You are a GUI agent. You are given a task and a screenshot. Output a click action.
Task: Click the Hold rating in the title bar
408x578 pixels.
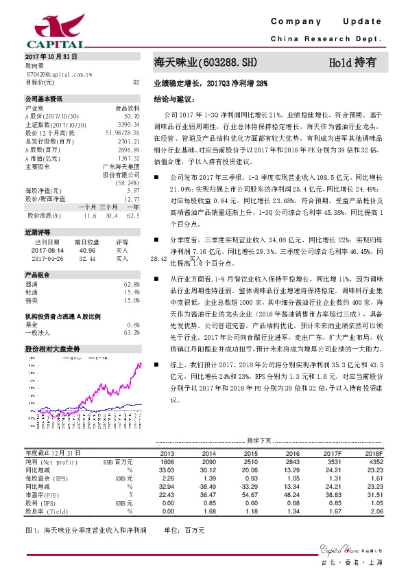352,62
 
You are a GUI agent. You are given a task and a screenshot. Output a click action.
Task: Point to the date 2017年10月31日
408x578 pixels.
51,56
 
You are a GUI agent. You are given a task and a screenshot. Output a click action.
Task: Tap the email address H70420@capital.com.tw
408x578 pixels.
58,73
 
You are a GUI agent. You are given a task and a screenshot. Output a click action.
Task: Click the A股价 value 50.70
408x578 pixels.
132,117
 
